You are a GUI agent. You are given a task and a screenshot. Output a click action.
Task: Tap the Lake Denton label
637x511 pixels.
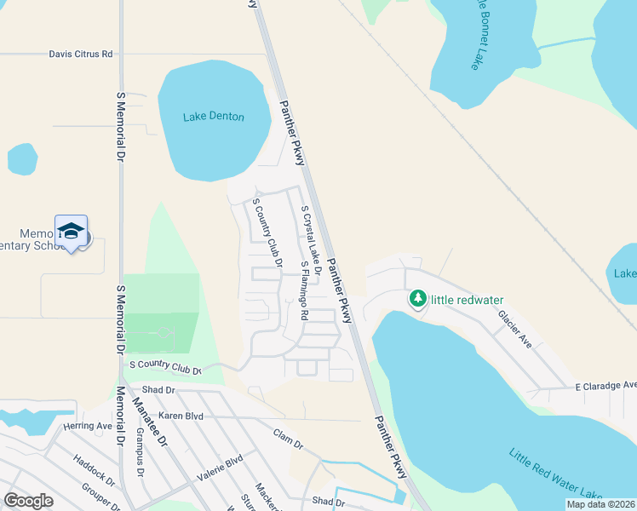click(x=214, y=117)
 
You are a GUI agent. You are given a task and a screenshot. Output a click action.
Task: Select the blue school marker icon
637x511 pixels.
click(x=72, y=231)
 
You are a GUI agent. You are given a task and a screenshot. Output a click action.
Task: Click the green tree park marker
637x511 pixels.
click(x=417, y=299)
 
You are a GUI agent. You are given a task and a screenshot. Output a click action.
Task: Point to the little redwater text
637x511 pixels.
click(x=468, y=299)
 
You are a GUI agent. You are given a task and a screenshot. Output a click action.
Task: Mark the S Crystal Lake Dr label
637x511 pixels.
click(x=310, y=238)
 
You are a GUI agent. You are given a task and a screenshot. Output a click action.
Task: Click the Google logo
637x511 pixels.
click(x=29, y=501)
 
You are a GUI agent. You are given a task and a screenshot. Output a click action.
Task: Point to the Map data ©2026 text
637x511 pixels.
click(x=600, y=504)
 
